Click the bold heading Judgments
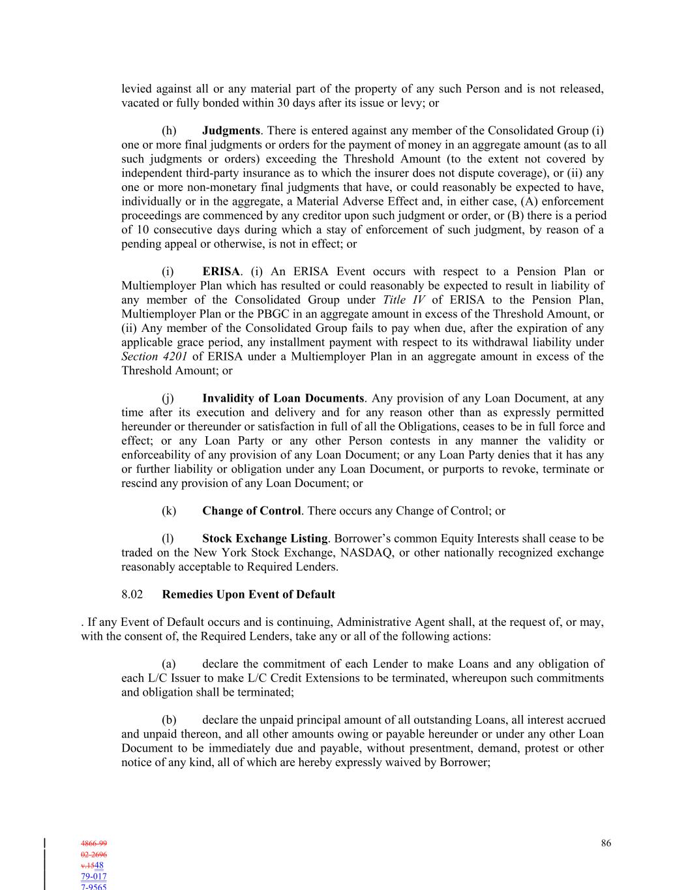231,131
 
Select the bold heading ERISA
221,272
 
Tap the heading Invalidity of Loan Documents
283,398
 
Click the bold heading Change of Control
251,511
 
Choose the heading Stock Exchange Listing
265,539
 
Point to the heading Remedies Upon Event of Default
248,595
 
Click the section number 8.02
132,595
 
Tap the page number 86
606,844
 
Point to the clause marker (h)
169,131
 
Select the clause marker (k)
169,511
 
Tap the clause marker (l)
168,539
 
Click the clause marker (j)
168,398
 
